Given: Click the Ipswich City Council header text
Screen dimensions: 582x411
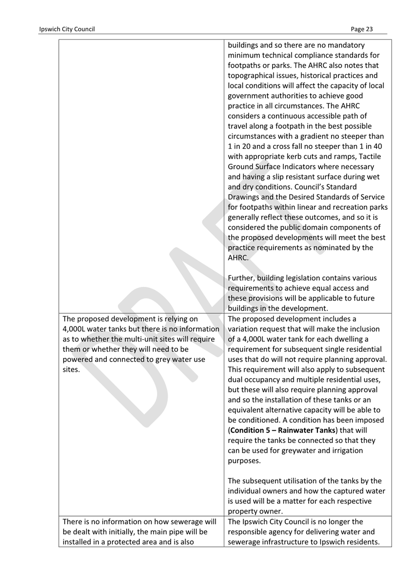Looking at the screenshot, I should [67, 29].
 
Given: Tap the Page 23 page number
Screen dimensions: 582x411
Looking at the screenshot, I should [361, 29].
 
